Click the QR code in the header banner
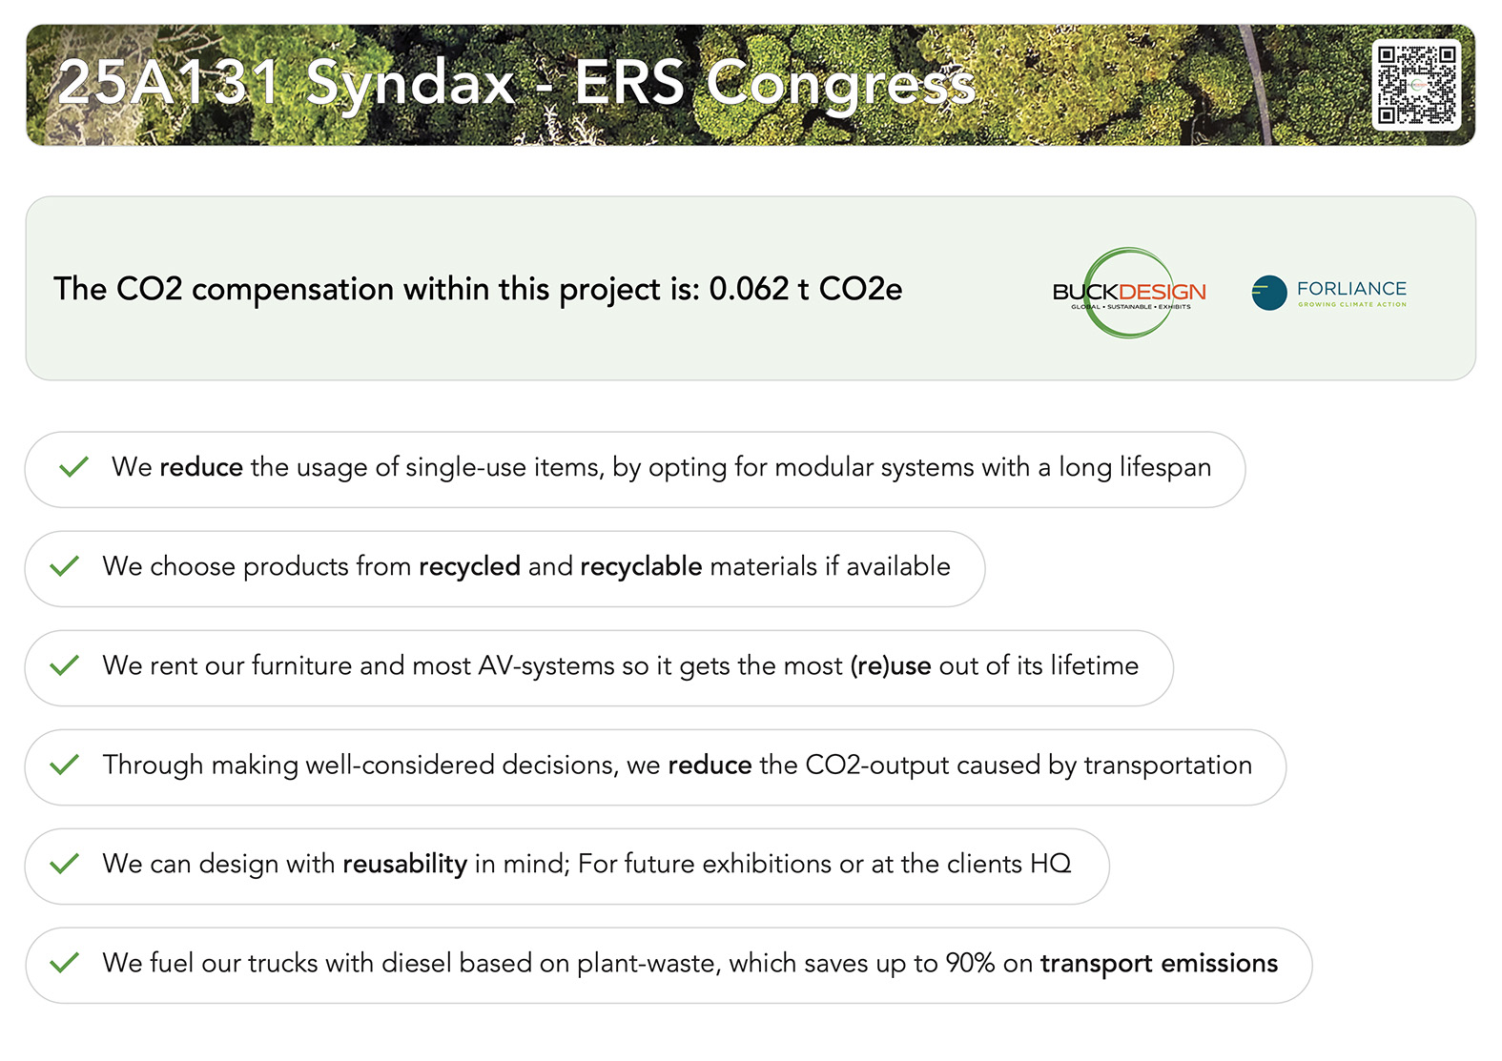click(x=1416, y=85)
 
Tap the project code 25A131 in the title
click(x=169, y=82)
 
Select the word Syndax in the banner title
click(x=410, y=85)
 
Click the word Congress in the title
click(x=840, y=85)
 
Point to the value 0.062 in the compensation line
click(x=749, y=289)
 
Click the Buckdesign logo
click(x=1129, y=293)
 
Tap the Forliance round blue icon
click(x=1269, y=293)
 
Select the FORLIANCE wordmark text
click(x=1352, y=288)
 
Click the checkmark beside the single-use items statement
click(x=73, y=466)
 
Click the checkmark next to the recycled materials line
click(x=65, y=565)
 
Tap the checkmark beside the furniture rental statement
click(x=65, y=664)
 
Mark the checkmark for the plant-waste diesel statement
click(x=65, y=963)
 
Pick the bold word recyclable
click(x=641, y=567)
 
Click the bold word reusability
click(x=405, y=865)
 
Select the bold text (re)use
click(x=891, y=666)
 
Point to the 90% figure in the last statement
click(x=970, y=963)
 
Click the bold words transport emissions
click(x=1160, y=964)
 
